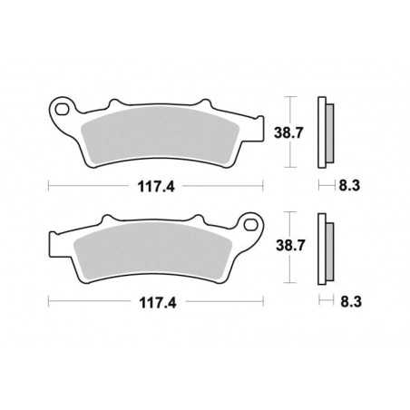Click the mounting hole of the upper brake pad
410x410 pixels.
pyautogui.click(x=62, y=112)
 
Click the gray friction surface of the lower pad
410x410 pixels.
pyautogui.click(x=154, y=255)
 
